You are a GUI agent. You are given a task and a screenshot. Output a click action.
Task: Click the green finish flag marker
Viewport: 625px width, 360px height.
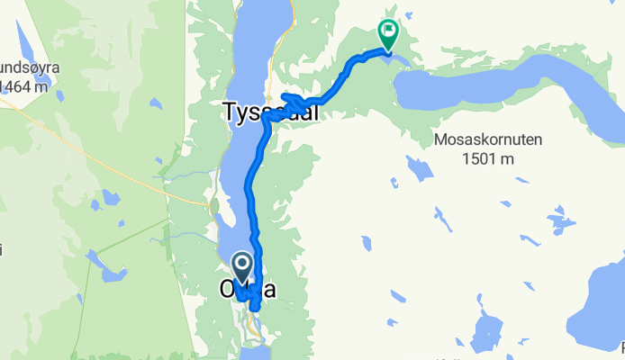(x=388, y=34)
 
